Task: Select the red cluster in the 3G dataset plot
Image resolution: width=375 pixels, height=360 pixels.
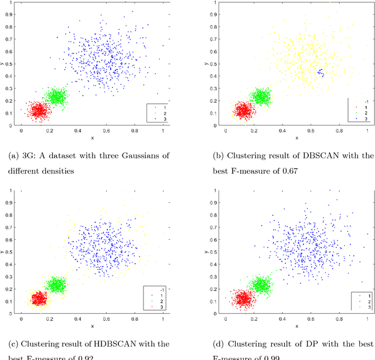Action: (x=39, y=110)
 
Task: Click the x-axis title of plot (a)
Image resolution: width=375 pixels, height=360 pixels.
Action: (x=92, y=138)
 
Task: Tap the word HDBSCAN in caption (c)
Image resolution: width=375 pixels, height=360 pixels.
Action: (x=107, y=344)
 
